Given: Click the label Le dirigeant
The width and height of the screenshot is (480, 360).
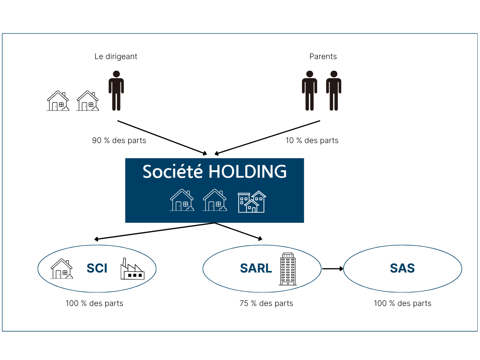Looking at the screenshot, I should (x=116, y=56).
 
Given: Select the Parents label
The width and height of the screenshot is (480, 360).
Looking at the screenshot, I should (x=323, y=56).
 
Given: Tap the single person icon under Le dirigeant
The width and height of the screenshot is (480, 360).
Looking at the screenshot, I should (x=116, y=91).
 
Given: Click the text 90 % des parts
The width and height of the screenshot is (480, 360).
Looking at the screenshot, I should (x=119, y=140).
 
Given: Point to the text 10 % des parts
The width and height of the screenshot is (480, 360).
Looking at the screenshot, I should (x=312, y=140).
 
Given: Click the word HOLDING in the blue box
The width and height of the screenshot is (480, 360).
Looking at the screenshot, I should (x=247, y=172).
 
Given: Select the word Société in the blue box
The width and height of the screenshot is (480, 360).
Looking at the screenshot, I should (x=173, y=172).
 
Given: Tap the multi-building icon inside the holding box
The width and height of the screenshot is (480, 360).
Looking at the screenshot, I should (x=252, y=202).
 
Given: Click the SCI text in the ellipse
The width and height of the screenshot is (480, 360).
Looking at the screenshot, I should (x=97, y=268).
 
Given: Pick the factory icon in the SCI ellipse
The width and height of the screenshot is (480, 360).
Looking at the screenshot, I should (x=132, y=269).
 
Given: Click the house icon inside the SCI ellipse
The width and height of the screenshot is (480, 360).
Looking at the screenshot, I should (x=61, y=269).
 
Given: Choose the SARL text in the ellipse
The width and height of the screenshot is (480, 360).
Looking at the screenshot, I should (x=256, y=268).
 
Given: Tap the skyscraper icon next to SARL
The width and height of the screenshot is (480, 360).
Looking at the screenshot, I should (x=288, y=269).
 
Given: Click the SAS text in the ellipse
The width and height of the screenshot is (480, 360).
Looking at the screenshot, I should (x=402, y=268).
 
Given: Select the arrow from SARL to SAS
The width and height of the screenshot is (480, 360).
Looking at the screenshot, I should (x=332, y=269).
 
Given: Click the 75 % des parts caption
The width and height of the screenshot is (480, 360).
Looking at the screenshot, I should (x=266, y=303).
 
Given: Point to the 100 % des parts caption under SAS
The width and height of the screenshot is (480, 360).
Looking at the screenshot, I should (x=403, y=303).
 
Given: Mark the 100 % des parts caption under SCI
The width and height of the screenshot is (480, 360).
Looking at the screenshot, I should (x=94, y=303).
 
